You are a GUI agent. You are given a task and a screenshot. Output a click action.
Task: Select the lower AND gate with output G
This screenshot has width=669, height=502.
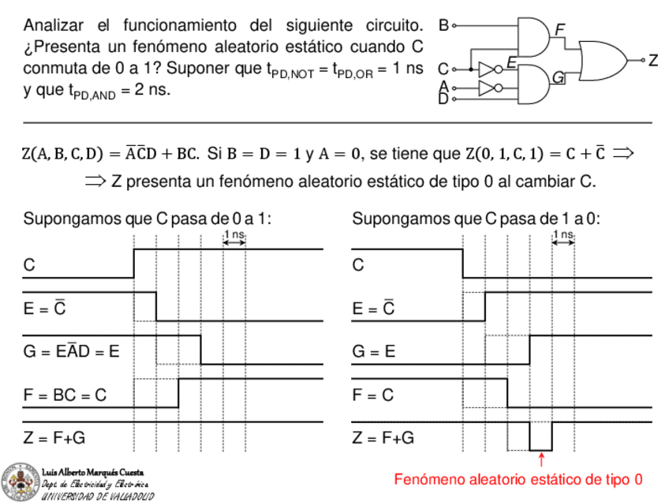click(533, 84)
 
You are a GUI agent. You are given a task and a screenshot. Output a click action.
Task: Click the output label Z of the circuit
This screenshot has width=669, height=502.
click(652, 61)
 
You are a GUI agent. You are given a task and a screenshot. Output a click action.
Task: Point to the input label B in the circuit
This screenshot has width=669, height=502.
click(443, 26)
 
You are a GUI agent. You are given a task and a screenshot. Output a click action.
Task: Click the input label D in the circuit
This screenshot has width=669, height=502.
click(443, 98)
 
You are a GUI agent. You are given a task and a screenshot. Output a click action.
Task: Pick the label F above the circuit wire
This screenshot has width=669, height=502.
click(560, 29)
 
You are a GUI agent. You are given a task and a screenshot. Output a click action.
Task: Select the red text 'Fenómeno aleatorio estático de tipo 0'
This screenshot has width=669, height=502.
click(518, 479)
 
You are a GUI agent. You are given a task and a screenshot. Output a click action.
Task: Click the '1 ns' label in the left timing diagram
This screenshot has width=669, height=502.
click(234, 234)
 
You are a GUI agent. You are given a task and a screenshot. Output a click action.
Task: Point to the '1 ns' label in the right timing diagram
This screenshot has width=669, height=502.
click(563, 234)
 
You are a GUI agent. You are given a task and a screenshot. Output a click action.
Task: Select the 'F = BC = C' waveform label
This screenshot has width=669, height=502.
click(65, 395)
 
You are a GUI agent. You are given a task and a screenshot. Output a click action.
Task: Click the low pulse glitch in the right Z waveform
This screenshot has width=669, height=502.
click(540, 436)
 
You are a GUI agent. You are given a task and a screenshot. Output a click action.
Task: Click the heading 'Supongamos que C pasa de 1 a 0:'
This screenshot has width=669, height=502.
click(477, 218)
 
